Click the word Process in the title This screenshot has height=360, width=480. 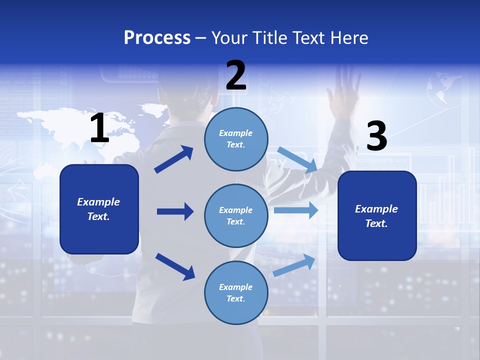[x=157, y=38]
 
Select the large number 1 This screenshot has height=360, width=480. [x=99, y=128]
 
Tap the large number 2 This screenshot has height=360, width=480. [x=236, y=75]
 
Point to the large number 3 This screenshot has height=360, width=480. [x=376, y=136]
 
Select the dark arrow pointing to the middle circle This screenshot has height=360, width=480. [x=175, y=211]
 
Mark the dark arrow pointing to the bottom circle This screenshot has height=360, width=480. [x=175, y=266]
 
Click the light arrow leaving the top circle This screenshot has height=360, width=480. [x=297, y=160]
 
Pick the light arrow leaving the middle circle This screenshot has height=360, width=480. [x=296, y=210]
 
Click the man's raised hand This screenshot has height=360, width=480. [x=344, y=92]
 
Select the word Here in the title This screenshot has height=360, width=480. [x=349, y=38]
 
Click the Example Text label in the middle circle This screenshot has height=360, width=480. [x=236, y=215]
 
